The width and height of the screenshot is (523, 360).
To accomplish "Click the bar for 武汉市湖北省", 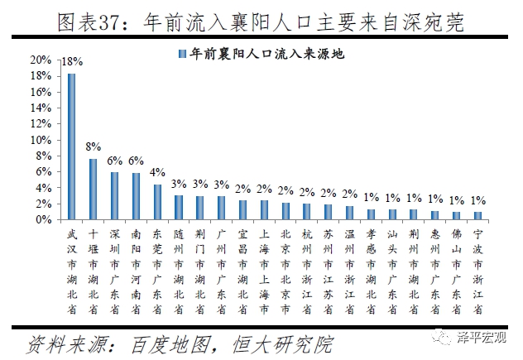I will pyautogui.click(x=71, y=146).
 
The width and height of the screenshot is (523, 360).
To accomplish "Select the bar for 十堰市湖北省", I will pyautogui.click(x=93, y=189).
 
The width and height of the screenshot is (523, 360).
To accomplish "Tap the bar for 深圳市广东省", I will pyautogui.click(x=114, y=196).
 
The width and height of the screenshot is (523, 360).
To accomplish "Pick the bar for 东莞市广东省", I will pyautogui.click(x=157, y=202).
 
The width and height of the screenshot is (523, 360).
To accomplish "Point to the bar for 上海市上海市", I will pyautogui.click(x=264, y=210).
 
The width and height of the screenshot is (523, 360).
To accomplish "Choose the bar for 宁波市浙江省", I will pyautogui.click(x=477, y=216).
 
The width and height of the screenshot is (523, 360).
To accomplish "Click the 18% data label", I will pyautogui.click(x=72, y=62).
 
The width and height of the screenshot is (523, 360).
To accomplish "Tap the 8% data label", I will pyautogui.click(x=94, y=147).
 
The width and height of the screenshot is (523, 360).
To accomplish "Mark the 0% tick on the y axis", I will pyautogui.click(x=42, y=219).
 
